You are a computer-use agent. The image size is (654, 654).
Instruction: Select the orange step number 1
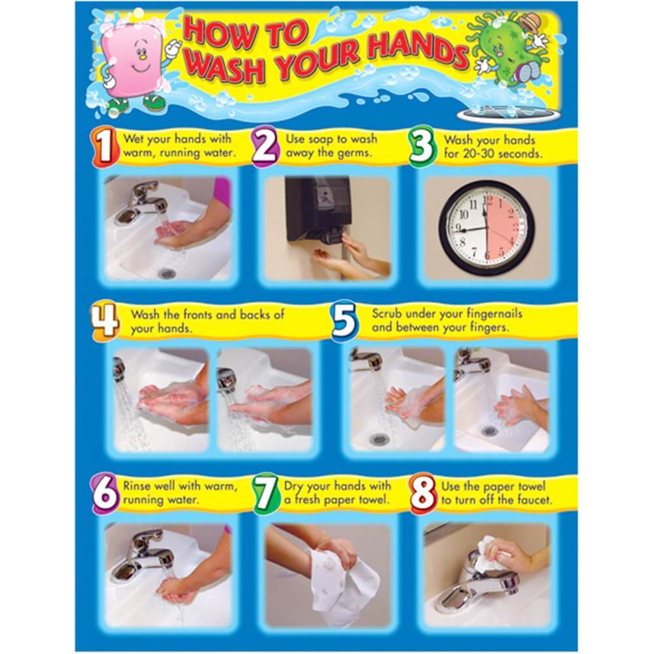click(x=103, y=147)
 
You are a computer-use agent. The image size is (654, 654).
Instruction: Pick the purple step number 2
click(x=264, y=147)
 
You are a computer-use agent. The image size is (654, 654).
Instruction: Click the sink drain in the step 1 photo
click(x=166, y=273)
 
